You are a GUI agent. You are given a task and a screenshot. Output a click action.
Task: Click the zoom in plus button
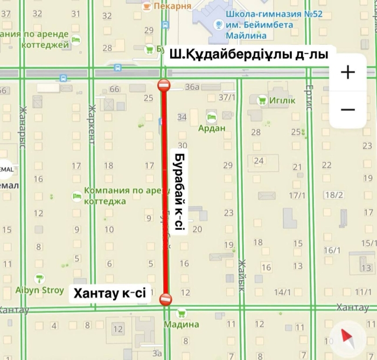point(348,72)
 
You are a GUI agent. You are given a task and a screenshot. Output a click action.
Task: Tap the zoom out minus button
point(348,109)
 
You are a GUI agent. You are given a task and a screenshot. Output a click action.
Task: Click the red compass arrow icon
point(345,338)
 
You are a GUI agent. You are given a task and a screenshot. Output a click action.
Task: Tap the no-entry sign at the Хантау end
point(165,298)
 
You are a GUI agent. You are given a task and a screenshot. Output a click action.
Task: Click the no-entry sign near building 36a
point(164,85)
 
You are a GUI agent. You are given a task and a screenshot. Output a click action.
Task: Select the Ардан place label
point(212,128)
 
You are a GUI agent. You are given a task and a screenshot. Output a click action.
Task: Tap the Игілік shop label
point(283,100)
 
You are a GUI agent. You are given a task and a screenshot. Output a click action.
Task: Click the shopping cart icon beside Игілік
point(262,100)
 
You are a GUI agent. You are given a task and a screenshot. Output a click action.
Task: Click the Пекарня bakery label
point(172,6)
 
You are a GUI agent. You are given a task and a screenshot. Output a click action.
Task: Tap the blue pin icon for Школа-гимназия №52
point(219,24)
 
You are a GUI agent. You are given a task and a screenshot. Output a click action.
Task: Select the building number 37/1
point(227,98)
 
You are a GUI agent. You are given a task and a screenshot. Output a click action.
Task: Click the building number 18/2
point(334,195)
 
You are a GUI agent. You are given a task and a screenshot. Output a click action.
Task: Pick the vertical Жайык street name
point(242,275)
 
